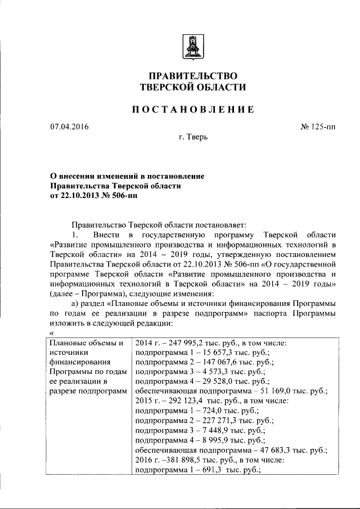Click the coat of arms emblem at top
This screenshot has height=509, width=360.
[192, 46]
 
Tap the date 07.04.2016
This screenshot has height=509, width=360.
[69, 127]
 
